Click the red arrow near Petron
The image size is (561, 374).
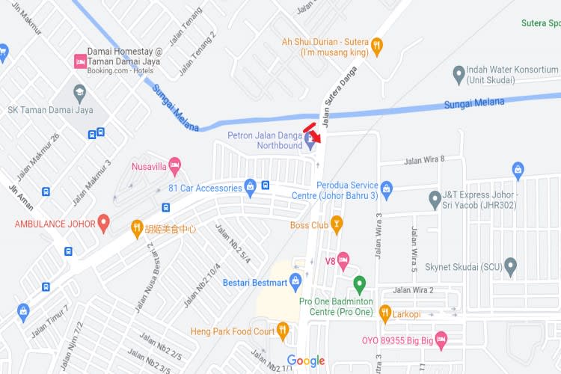click(314, 135)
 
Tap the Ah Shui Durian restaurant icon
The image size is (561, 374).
click(377, 45)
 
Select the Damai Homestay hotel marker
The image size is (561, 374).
click(79, 61)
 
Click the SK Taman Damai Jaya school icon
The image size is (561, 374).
click(79, 93)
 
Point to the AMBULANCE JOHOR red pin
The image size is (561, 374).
click(104, 222)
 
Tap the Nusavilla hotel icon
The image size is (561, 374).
click(174, 163)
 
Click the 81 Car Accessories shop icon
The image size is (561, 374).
click(251, 187)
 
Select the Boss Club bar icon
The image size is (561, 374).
click(337, 224)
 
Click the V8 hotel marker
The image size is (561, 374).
click(343, 261)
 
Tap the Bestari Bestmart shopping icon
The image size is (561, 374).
click(295, 280)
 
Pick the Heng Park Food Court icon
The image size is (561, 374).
click(283, 329)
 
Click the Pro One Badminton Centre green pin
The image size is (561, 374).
click(359, 284)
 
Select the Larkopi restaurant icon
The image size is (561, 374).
click(385, 312)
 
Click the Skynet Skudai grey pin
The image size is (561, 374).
click(511, 266)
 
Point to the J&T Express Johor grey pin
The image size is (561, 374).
click(435, 200)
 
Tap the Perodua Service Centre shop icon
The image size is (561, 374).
click(386, 187)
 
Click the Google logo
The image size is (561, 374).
click(306, 361)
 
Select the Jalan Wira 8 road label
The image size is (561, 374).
click(424, 159)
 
